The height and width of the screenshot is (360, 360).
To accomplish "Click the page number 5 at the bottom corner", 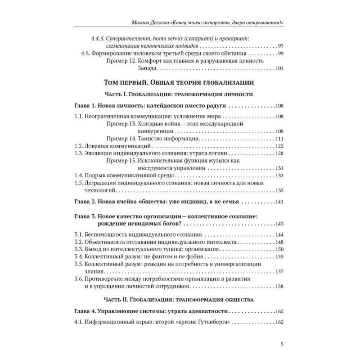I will [x=281, y=346].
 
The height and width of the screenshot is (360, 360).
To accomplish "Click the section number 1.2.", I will [x=78, y=146].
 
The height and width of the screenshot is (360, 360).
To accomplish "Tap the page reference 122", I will [x=279, y=146].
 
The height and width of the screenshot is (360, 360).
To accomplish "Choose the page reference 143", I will [x=279, y=224].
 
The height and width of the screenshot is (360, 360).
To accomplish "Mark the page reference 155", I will [x=279, y=256].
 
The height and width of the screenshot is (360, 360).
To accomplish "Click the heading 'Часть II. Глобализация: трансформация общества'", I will [x=179, y=299].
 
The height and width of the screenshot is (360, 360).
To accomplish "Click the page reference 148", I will [x=279, y=242].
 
